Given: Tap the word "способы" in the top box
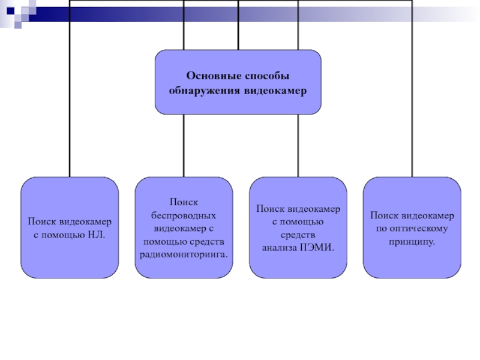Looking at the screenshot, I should (x=268, y=77).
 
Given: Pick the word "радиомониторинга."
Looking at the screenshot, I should (x=184, y=254).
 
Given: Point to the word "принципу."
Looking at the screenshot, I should (x=412, y=241).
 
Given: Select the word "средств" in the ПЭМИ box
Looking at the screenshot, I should (x=298, y=234).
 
